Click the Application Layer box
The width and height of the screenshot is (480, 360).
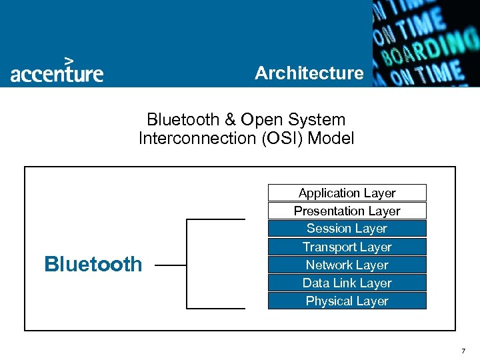(x=347, y=193)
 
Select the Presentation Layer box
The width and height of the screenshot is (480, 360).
(x=347, y=211)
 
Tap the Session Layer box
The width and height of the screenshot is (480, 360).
(x=347, y=229)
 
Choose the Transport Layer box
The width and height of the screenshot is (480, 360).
(x=347, y=247)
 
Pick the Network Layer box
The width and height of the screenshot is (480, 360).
(x=347, y=265)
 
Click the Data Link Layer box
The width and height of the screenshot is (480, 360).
(x=347, y=283)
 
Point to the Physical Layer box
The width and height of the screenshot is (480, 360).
(x=347, y=301)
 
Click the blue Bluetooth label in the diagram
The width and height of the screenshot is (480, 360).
(x=93, y=264)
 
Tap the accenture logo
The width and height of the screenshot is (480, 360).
(x=57, y=72)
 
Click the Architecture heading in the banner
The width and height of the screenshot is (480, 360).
(x=309, y=73)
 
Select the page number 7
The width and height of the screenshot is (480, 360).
(x=463, y=350)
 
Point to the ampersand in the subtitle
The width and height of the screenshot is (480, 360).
(x=230, y=120)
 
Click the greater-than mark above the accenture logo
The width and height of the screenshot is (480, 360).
(x=68, y=60)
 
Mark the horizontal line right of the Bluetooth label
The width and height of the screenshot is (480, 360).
(x=171, y=265)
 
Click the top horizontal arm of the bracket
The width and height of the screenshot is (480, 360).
(x=216, y=219)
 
